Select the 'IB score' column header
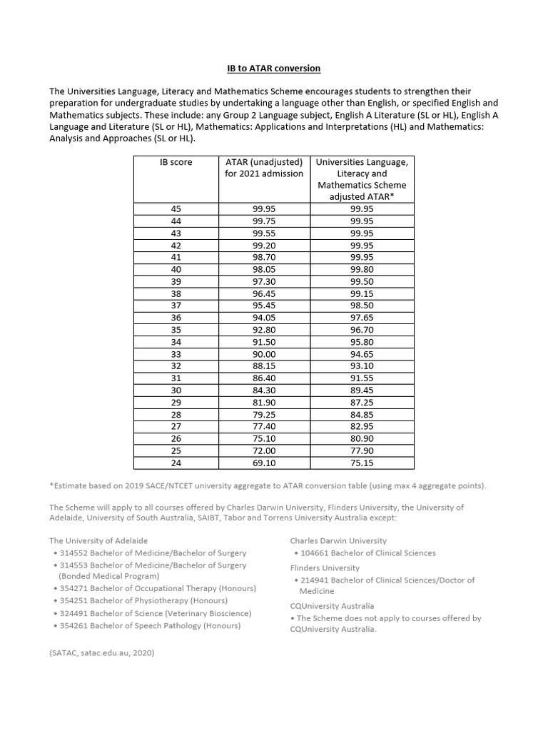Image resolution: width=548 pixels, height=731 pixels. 176,162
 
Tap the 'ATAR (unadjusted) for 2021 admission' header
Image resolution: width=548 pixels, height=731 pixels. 264,168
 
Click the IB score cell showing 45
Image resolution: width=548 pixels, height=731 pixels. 176,208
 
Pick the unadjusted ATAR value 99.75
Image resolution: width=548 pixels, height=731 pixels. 264,221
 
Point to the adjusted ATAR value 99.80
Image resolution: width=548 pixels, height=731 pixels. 362,269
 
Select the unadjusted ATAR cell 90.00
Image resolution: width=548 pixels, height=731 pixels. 264,354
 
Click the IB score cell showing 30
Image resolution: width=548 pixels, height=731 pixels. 176,390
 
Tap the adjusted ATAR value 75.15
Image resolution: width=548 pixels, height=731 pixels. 362,463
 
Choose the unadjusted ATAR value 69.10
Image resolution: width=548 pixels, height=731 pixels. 264,463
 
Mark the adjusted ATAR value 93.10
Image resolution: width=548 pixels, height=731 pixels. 362,366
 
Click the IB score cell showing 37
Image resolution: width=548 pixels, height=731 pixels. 176,306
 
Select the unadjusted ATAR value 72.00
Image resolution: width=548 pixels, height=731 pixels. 264,451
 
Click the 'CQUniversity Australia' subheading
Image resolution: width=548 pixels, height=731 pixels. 332,606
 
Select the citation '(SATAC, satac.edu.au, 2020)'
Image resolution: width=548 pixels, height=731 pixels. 101,652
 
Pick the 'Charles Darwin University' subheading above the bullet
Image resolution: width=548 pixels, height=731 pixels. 338,540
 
